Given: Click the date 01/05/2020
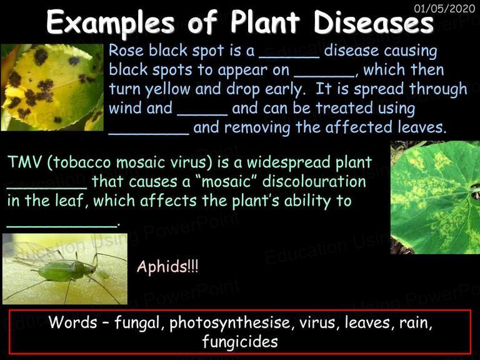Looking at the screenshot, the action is tap(444, 8).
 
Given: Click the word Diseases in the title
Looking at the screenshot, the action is tap(374, 22).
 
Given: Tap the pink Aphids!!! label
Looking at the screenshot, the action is tap(167, 266).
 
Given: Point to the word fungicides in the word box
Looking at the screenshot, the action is tap(240, 341).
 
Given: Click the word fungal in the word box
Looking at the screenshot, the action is tap(137, 323).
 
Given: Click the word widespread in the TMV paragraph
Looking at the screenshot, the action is tap(289, 162).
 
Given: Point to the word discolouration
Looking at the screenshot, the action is tap(314, 181).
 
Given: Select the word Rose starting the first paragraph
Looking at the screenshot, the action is tap(126, 51).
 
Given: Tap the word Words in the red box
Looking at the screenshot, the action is tap(72, 322).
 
